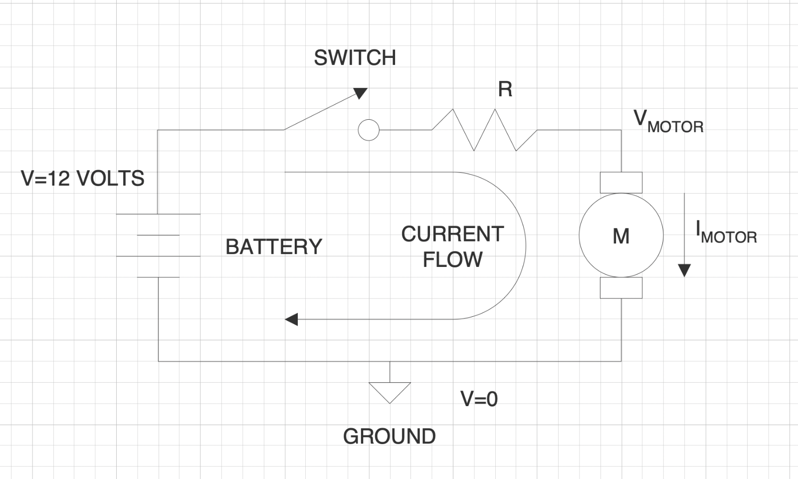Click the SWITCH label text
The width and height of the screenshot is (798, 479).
pos(355,58)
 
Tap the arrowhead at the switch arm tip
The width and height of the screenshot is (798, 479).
pos(361,93)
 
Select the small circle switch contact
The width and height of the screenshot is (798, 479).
pos(369,130)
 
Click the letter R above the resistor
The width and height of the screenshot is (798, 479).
pos(505,89)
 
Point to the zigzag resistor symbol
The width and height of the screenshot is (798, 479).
pos(484,130)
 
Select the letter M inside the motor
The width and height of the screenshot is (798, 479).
pos(621,236)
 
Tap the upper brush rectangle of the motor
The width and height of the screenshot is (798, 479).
pos(621,183)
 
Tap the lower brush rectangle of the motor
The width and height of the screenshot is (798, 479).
pos(621,288)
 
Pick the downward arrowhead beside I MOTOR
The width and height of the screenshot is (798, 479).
pos(684,270)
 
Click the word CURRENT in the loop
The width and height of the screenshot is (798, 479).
pos(452,234)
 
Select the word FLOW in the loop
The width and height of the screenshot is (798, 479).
pos(452,259)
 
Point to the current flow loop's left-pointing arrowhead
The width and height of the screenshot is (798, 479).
pos(291,319)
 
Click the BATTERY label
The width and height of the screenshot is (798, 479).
pos(274,247)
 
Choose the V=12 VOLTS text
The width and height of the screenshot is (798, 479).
pos(83,178)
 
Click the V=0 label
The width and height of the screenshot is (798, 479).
pos(479,399)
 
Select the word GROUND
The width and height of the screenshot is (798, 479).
pos(389,437)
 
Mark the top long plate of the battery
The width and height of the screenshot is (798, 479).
pos(158,214)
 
